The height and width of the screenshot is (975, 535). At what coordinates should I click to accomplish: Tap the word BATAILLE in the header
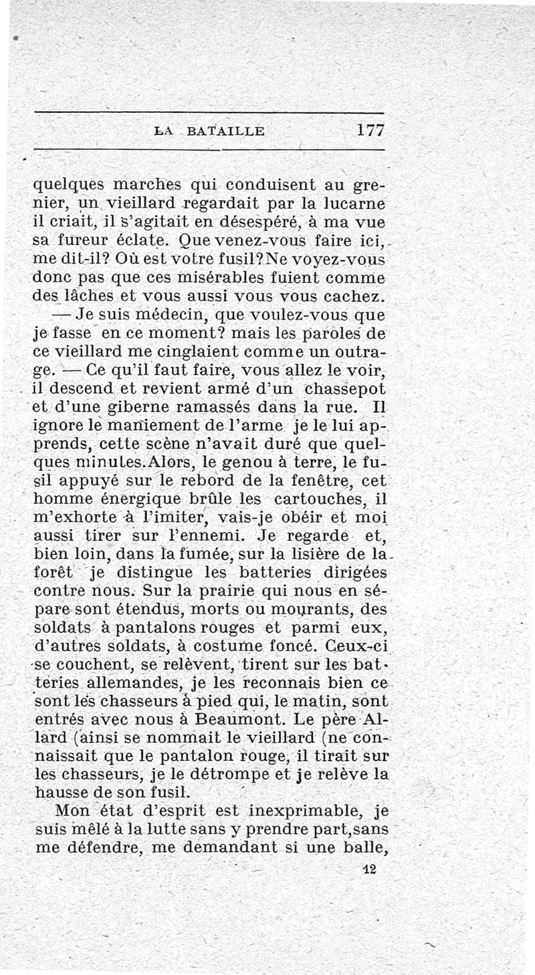(227, 132)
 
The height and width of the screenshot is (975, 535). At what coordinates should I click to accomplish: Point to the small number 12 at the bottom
(368, 869)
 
